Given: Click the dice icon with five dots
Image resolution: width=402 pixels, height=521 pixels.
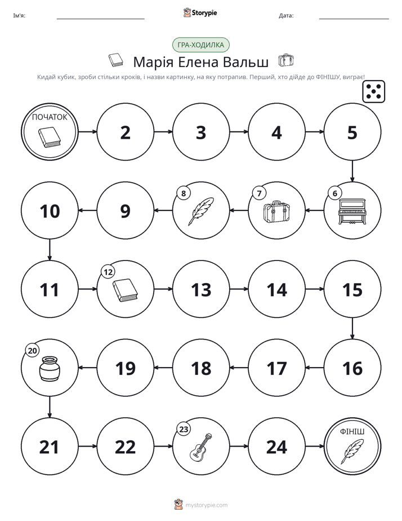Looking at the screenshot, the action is pos(374,91).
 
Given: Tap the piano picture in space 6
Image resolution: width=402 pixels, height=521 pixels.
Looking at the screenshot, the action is pos(352,211).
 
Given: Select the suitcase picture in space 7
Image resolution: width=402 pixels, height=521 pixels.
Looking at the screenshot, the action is pos(276,211).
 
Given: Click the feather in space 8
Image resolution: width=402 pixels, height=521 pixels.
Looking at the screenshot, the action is pos(200,211).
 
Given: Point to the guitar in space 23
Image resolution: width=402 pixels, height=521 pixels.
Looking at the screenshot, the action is pos(200,447).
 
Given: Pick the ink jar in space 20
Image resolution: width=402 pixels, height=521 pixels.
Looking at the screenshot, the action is pos(50,369).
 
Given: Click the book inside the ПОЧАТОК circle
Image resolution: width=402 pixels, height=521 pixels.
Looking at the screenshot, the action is pos(50,138).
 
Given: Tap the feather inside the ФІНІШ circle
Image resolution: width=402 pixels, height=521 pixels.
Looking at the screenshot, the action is pos(352,451).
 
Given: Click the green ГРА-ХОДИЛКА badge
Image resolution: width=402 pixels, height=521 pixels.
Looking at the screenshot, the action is pos(200,45).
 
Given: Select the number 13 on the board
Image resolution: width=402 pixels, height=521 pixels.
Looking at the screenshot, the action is pos(201,290).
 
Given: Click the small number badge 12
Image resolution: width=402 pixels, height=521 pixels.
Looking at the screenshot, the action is pos(108,272).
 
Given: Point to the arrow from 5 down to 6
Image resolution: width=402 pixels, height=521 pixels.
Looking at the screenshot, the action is pos(352,171).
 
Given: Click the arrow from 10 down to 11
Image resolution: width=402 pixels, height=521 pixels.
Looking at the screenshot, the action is pos(50,250).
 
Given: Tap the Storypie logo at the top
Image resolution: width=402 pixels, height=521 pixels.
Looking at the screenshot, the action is pos(200,12).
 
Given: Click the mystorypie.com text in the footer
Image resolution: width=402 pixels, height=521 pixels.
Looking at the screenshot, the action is pos(206,505).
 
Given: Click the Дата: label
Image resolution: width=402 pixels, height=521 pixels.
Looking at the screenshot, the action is pos(286,16).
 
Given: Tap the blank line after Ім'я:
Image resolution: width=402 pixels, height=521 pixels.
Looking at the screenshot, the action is pos(100,19).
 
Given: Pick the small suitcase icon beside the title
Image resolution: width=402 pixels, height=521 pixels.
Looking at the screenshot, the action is pos(285,60).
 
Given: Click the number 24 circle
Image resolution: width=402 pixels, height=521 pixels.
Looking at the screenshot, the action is pos(276,447).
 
